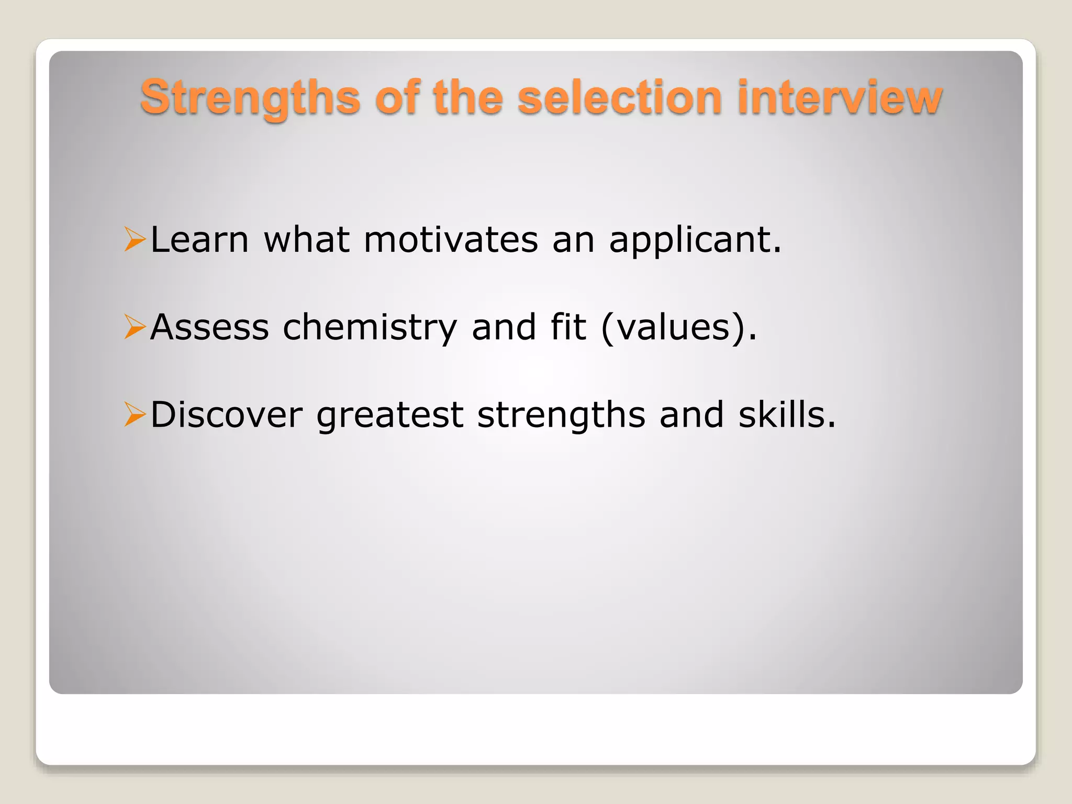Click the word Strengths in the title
250,98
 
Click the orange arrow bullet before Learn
135,240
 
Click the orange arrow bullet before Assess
135,327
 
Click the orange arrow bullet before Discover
135,415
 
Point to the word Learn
199,240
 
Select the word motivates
451,240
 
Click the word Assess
209,327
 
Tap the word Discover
227,415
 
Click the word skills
786,415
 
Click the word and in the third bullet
691,415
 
